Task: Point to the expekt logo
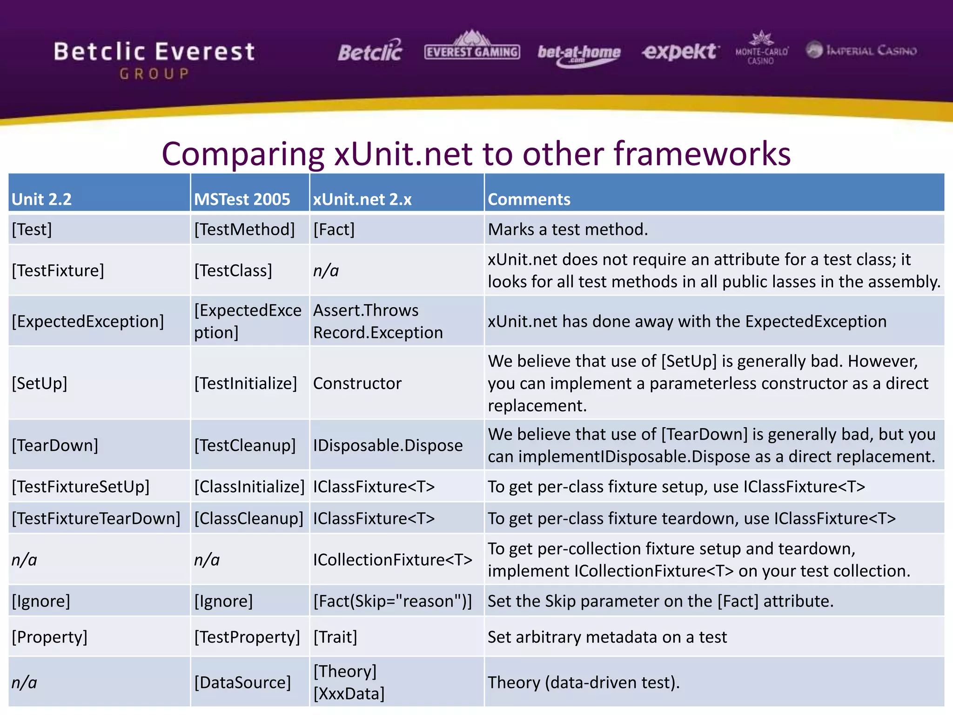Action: click(x=680, y=51)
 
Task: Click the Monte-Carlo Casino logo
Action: click(x=761, y=48)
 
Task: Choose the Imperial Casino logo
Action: click(x=861, y=50)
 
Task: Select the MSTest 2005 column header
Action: click(x=242, y=199)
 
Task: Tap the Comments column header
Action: click(x=529, y=199)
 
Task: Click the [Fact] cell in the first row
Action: click(x=334, y=229)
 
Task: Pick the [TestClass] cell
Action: click(x=233, y=270)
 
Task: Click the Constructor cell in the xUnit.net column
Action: click(x=357, y=384)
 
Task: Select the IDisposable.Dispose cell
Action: click(x=388, y=445)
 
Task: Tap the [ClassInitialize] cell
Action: click(x=249, y=487)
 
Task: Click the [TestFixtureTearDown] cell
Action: click(x=96, y=519)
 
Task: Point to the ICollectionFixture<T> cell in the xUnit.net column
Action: click(x=392, y=560)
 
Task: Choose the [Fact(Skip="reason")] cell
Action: click(x=392, y=601)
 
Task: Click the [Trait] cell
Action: click(x=335, y=637)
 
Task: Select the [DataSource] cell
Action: click(x=242, y=682)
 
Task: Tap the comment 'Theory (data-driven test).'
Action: click(x=584, y=682)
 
